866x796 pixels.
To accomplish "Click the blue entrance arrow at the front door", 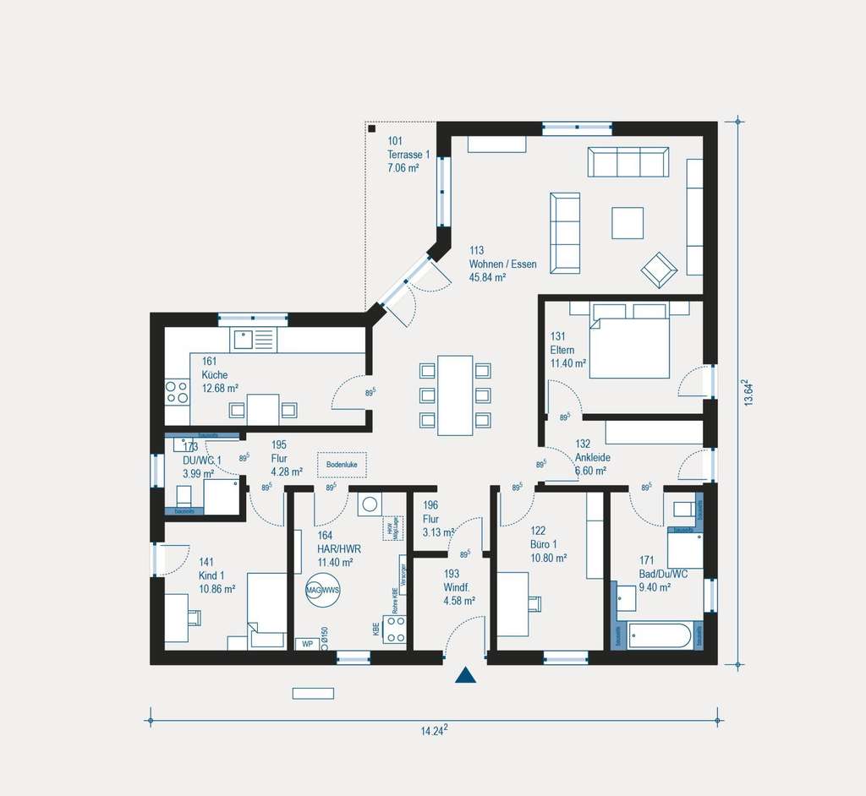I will point(465,674).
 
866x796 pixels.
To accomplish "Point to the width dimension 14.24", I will point(433,731).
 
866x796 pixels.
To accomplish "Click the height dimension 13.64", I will point(747,393).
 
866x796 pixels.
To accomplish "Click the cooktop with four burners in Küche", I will point(177,391).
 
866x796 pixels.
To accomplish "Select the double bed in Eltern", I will point(629,341).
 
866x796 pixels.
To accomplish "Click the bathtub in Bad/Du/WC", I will point(660,635).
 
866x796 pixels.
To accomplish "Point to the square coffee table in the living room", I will point(628,223).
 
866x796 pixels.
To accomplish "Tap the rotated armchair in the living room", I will point(659,270).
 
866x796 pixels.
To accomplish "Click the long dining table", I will point(455,395).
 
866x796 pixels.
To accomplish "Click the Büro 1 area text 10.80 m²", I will point(548,558).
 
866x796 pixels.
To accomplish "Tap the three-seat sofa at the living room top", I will point(628,162).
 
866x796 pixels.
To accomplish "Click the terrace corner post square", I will point(372,129).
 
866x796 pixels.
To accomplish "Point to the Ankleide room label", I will point(592,457).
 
